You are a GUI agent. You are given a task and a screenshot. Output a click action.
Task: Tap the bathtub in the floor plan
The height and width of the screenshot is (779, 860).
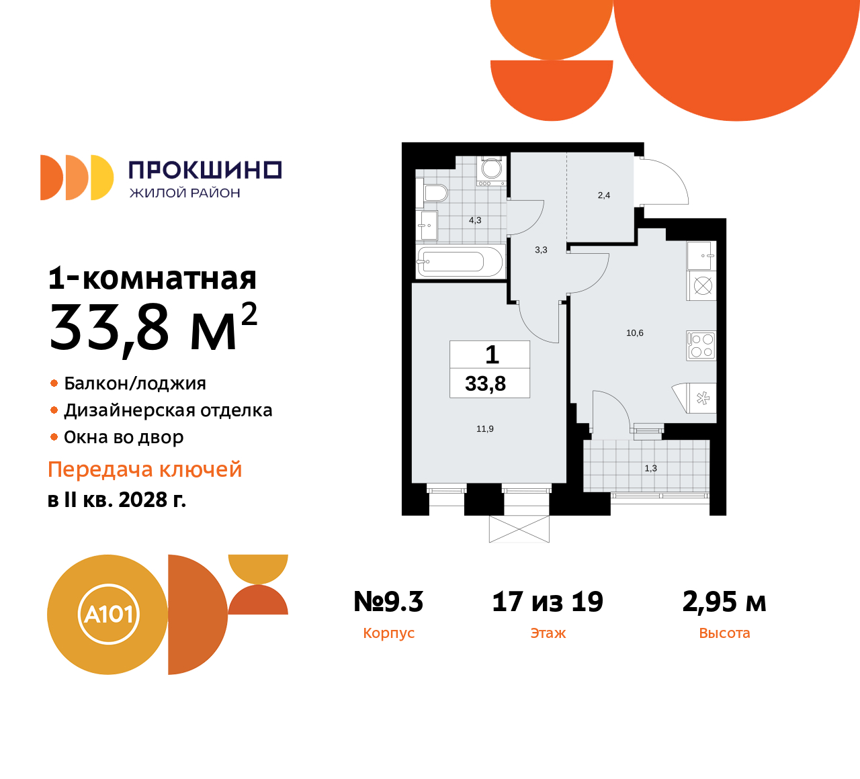(x=460, y=261)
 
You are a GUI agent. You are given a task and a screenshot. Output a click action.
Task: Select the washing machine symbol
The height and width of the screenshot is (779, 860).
(x=491, y=170)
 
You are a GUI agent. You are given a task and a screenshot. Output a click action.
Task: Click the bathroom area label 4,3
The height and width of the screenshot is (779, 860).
(x=475, y=220)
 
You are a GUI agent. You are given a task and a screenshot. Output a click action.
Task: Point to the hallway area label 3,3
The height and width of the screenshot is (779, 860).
(x=541, y=250)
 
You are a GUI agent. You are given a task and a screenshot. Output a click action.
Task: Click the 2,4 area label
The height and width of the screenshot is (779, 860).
(x=604, y=195)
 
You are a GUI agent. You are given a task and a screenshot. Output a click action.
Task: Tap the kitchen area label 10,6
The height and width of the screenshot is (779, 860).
(x=635, y=333)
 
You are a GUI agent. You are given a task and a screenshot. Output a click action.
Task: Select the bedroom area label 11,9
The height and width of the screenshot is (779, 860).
(x=485, y=429)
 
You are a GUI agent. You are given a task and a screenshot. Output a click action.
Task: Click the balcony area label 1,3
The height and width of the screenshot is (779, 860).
(x=650, y=469)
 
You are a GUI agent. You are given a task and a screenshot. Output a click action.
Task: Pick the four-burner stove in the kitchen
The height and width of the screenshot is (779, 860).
(x=701, y=345)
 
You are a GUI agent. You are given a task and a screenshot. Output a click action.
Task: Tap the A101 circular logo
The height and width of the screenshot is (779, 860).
(x=108, y=614)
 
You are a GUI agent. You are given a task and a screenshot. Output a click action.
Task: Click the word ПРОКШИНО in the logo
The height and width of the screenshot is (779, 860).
(x=205, y=171)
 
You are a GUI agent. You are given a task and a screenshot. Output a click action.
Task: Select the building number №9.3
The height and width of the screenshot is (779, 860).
(x=388, y=602)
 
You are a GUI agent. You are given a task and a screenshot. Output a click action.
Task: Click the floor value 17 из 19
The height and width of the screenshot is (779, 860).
(x=548, y=602)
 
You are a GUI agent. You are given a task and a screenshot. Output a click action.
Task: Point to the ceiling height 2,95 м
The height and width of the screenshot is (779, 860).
(x=724, y=602)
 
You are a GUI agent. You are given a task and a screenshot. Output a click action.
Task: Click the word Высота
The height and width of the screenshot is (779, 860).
(x=724, y=633)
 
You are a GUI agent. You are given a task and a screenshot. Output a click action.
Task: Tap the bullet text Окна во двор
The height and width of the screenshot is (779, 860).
(x=124, y=437)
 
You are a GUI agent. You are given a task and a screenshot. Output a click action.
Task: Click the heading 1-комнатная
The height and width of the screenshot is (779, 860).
(x=153, y=278)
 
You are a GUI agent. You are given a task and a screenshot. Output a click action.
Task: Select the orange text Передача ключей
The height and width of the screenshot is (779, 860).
(x=145, y=469)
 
